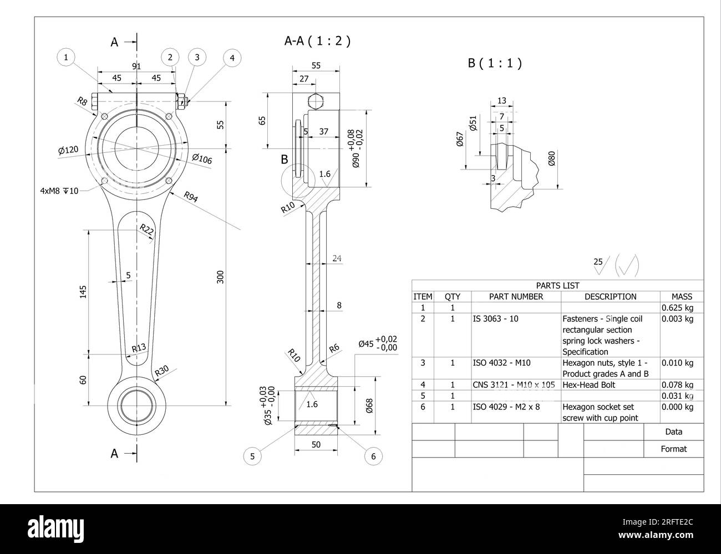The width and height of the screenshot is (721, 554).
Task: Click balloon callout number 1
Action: point(66,57)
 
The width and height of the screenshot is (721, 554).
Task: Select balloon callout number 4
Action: point(232,58)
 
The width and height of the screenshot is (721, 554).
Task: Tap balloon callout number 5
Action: point(252,456)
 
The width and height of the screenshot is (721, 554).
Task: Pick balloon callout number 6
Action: point(373,456)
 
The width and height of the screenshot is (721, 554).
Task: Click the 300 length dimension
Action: point(220,277)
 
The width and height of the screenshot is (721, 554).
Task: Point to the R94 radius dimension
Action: point(191,198)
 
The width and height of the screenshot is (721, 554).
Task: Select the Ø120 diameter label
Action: point(68,150)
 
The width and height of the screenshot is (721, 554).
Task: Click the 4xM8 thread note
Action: point(59,191)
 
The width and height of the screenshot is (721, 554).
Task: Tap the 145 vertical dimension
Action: point(83,292)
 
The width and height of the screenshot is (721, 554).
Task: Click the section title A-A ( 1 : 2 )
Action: point(317,40)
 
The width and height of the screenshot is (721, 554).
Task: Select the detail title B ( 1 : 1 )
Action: point(495,63)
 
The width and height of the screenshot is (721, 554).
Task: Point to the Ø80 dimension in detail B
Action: point(551,158)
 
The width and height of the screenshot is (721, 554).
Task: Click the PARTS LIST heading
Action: point(557,285)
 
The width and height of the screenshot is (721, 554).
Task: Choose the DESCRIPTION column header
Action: point(610,296)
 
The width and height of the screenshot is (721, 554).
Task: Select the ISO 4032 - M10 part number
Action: point(501,363)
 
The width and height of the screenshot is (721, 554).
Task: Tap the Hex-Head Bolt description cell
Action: point(588,384)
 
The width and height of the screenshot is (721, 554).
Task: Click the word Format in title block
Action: point(673,449)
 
